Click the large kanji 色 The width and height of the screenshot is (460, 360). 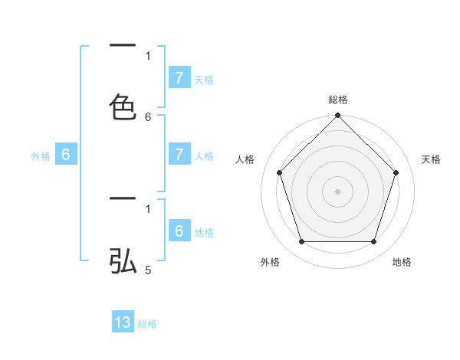(x=123, y=106)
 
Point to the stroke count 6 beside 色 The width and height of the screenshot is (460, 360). (x=148, y=116)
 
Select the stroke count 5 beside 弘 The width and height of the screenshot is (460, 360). (x=148, y=270)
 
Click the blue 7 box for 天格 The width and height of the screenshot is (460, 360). (x=179, y=77)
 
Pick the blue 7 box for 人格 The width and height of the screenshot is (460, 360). (x=179, y=154)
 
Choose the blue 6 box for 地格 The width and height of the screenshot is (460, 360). (x=179, y=231)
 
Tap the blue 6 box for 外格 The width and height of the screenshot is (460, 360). (x=66, y=154)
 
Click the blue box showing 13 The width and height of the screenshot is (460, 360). (x=123, y=322)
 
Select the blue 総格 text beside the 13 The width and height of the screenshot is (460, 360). (x=147, y=324)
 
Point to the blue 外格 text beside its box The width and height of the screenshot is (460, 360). (x=41, y=156)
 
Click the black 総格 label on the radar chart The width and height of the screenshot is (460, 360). (x=338, y=100)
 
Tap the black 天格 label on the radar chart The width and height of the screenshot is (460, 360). (x=431, y=159)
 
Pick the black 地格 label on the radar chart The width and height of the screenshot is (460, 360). (x=402, y=262)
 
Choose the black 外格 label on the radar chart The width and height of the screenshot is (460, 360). (x=270, y=262)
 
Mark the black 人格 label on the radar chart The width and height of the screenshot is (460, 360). (x=245, y=159)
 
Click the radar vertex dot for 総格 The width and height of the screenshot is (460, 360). (x=338, y=116)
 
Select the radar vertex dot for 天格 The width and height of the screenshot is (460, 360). (x=396, y=172)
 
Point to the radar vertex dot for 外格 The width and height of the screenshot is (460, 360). (x=301, y=242)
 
